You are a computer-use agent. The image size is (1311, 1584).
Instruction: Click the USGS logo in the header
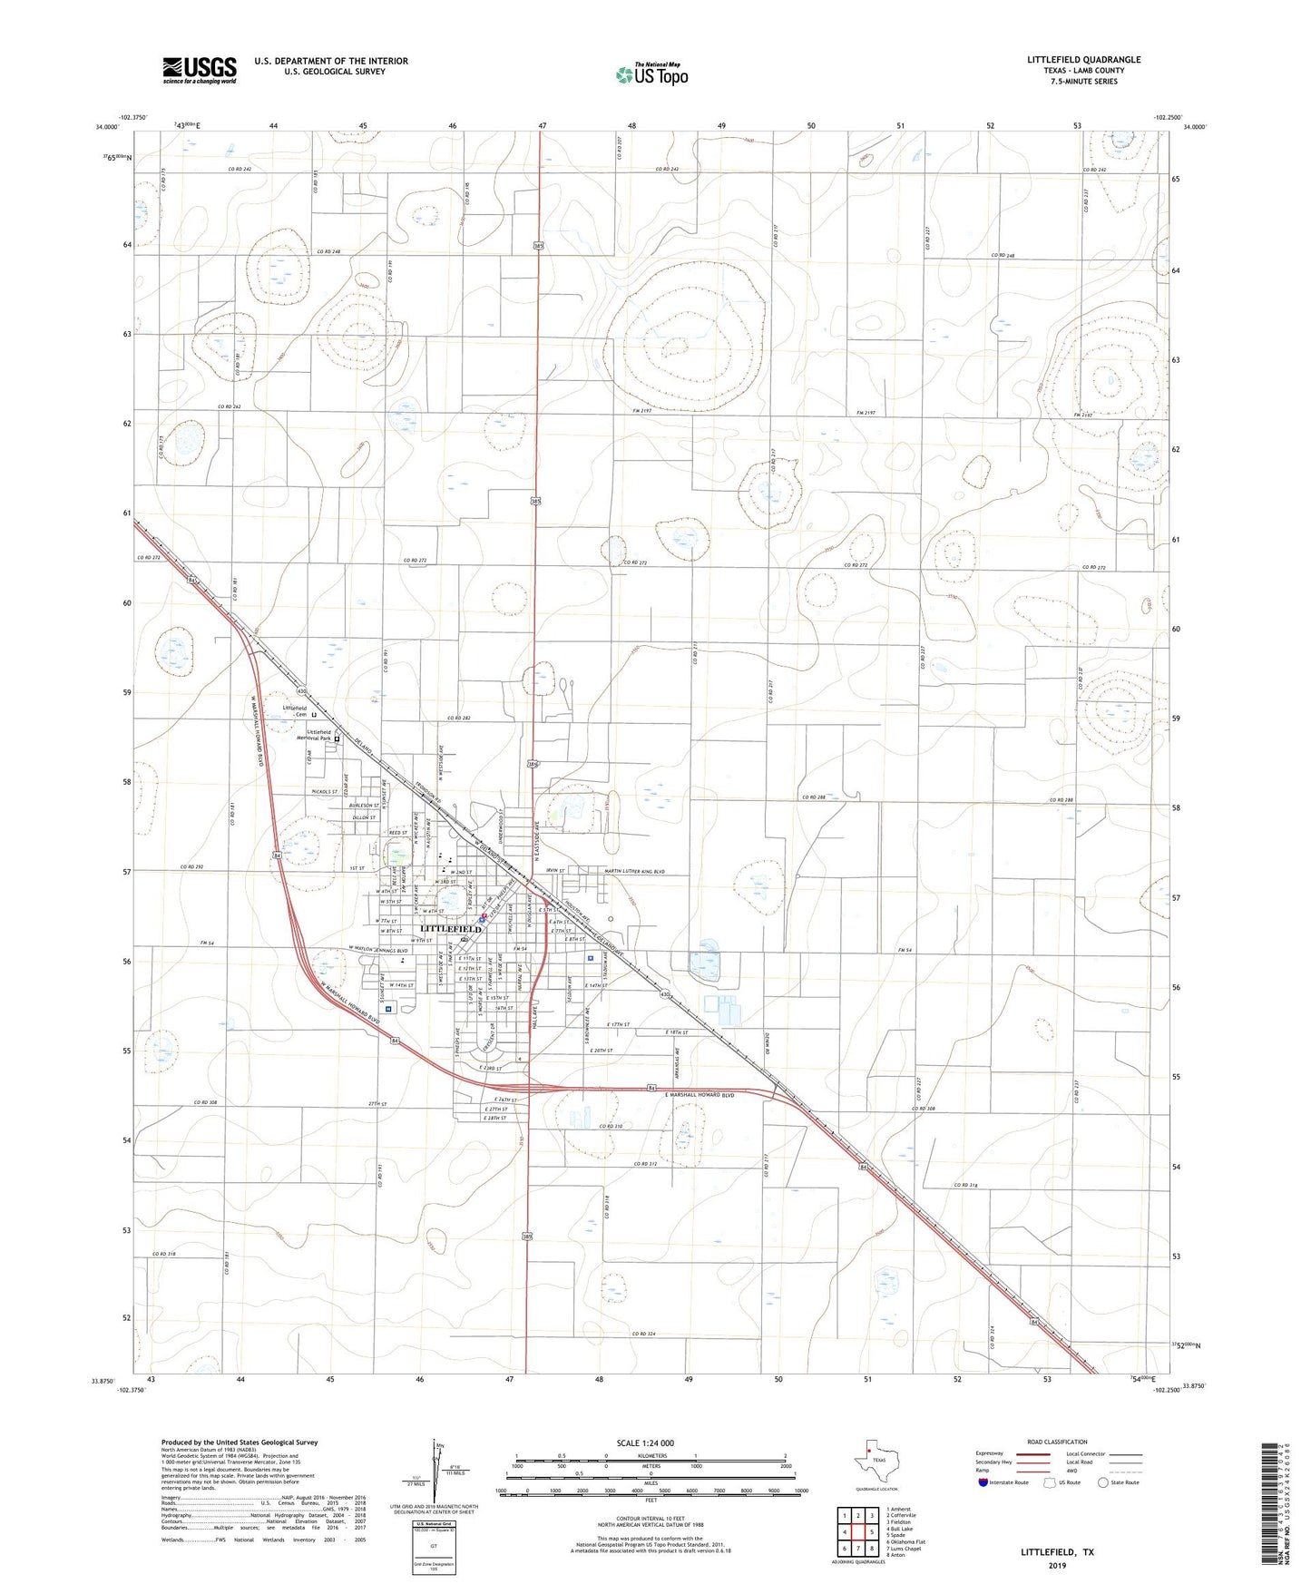coord(199,70)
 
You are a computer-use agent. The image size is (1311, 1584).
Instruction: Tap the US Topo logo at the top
coord(651,74)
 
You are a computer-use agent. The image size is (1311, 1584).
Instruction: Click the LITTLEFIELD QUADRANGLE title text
coord(1083,60)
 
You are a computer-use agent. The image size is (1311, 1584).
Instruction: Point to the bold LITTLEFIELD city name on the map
coord(451,929)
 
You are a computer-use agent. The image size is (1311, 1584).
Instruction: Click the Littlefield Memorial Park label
coord(308,735)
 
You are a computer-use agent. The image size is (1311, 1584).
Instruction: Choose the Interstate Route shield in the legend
coord(983,1482)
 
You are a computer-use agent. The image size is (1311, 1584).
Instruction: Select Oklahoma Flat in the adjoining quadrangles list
coord(907,1542)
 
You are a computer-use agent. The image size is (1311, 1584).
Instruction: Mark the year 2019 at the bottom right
coord(1057,1565)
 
